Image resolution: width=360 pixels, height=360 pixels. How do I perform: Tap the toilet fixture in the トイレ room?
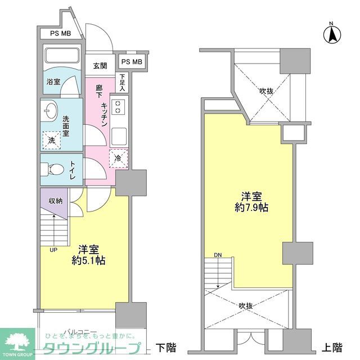[x=55, y=169]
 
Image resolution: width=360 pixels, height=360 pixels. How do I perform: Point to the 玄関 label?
[x=100, y=66]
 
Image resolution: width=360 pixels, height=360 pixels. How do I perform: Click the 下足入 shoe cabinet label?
[x=122, y=83]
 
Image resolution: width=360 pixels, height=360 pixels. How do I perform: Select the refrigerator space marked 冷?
[x=118, y=159]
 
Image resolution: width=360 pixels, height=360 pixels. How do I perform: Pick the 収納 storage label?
[x=55, y=201]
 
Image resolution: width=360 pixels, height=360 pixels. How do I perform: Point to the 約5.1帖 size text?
[x=89, y=255]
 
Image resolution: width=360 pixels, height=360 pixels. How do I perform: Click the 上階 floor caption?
[x=332, y=346]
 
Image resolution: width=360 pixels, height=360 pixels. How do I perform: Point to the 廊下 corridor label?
[x=100, y=92]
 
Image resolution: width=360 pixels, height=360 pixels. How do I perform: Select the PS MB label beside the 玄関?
[x=132, y=61]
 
